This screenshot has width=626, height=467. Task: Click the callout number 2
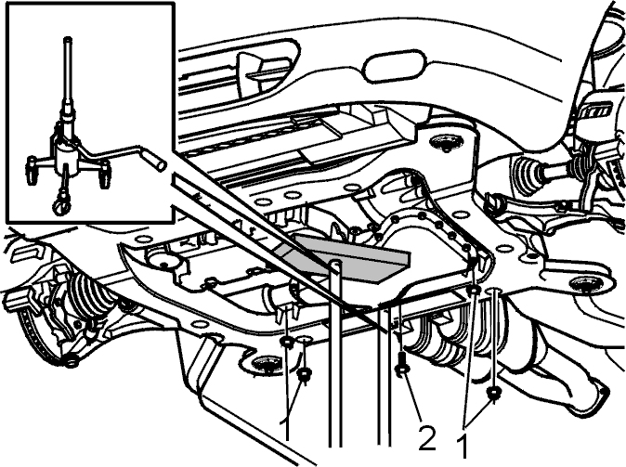427,438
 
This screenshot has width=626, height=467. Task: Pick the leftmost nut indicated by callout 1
287,342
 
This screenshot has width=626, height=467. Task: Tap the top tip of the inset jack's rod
68,39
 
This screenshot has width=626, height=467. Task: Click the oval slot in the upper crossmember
392,66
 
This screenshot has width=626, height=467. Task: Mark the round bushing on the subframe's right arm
586,285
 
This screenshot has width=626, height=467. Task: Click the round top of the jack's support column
336,262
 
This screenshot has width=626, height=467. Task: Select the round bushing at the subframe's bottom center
265,364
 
